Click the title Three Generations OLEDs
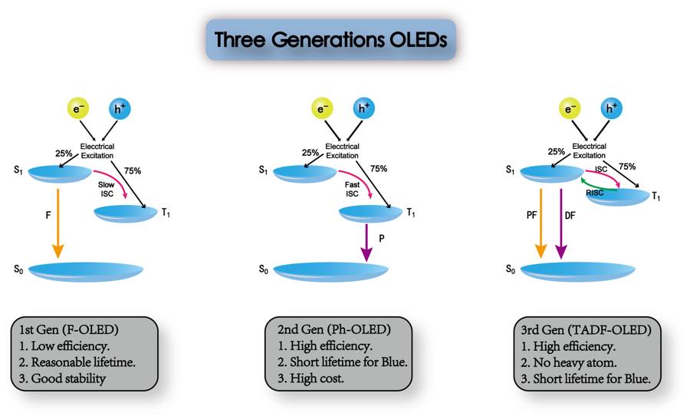click(330, 40)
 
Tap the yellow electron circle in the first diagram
click(78, 109)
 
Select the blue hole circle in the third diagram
click(612, 109)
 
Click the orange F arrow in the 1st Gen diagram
click(58, 223)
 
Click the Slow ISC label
click(107, 190)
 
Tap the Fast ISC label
click(352, 190)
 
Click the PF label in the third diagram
click(531, 216)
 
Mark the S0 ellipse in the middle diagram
click(330, 271)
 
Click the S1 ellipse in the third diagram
click(551, 174)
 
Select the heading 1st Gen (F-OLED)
click(69, 330)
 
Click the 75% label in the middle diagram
click(379, 169)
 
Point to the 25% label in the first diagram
click(64, 154)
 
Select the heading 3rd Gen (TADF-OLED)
click(586, 330)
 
